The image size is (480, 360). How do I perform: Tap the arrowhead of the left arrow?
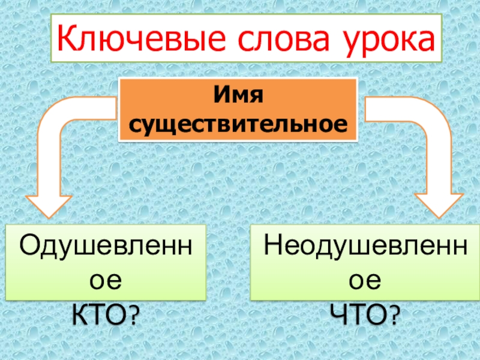pyautogui.click(x=47, y=204)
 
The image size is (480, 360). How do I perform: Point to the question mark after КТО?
pyautogui.click(x=140, y=313)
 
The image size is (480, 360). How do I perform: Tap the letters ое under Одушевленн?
pyautogui.click(x=106, y=280)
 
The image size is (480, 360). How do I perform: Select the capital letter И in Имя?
pyautogui.click(x=223, y=95)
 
